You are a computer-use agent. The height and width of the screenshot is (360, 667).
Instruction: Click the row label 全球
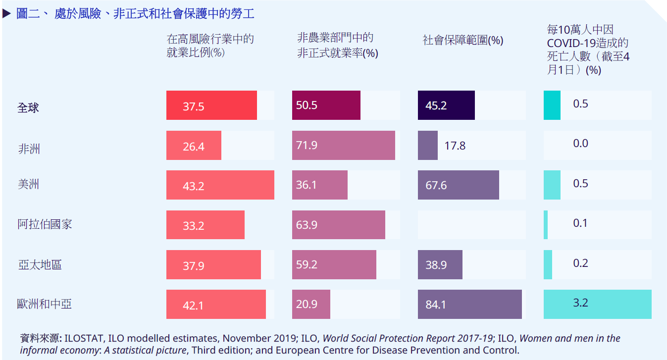click(x=28, y=107)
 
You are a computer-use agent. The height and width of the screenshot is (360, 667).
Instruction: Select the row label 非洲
click(x=29, y=149)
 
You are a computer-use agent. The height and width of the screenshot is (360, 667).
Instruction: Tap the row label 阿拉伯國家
click(x=45, y=224)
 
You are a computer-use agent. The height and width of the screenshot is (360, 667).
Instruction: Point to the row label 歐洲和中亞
click(x=45, y=304)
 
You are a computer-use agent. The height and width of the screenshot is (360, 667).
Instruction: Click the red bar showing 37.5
click(x=211, y=105)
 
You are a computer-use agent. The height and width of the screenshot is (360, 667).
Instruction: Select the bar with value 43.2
click(x=220, y=185)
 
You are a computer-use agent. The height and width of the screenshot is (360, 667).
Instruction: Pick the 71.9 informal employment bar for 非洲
click(x=343, y=146)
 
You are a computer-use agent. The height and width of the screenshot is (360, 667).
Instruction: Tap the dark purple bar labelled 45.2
click(x=446, y=105)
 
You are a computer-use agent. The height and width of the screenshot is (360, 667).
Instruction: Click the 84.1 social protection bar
click(x=469, y=304)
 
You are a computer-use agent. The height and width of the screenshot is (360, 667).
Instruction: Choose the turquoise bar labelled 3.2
click(x=597, y=304)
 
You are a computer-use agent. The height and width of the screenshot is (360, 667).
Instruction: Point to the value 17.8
click(x=455, y=146)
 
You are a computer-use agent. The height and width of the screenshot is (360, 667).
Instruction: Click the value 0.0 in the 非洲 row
click(x=580, y=144)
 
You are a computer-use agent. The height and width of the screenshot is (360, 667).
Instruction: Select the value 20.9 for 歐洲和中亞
click(x=307, y=304)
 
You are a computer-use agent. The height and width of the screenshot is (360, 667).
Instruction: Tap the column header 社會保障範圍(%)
click(x=462, y=41)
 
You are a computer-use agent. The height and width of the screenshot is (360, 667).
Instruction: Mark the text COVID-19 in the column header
click(x=570, y=43)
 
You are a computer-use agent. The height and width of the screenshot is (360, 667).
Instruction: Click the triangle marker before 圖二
click(x=6, y=14)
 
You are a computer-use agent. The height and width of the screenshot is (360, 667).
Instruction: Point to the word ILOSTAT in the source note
click(x=84, y=339)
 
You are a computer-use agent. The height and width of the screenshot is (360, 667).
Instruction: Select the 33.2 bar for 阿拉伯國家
click(x=205, y=225)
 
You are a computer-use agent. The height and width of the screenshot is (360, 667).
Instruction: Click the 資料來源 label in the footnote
click(x=41, y=339)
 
